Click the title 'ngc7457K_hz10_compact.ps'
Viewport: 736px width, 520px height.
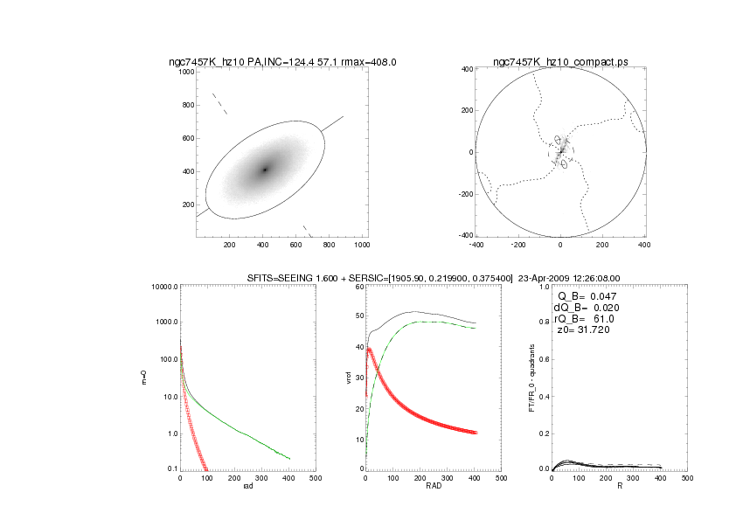[559, 62]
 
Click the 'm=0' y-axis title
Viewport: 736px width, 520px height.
[143, 378]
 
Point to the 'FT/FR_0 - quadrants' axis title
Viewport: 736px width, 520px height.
[534, 378]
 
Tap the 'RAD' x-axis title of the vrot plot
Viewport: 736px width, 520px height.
[433, 487]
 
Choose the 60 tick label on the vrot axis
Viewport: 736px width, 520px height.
[358, 288]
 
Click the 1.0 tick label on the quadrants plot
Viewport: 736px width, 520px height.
[543, 288]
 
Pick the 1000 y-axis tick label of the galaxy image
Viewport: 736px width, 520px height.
[186, 73]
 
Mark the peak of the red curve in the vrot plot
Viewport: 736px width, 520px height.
[370, 349]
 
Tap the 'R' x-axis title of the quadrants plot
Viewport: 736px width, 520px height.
[619, 487]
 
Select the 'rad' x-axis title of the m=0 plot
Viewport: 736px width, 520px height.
[246, 487]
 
